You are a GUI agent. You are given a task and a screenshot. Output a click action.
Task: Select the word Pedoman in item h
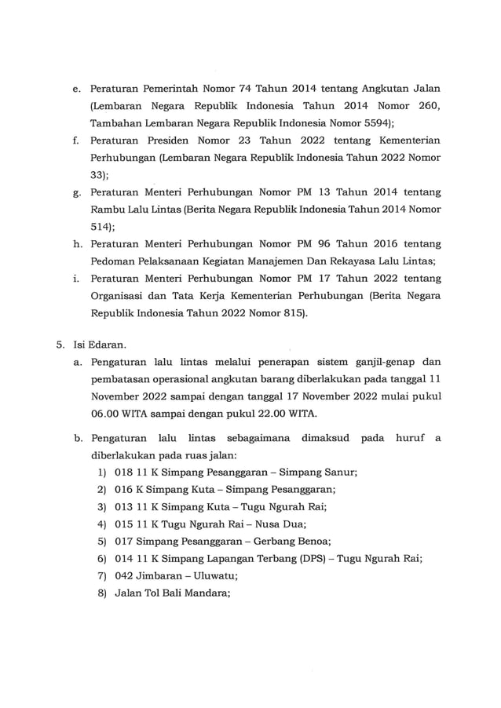[115, 261]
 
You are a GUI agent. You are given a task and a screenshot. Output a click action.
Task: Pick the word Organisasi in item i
[123, 296]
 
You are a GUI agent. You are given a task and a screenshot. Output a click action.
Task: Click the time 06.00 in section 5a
[108, 414]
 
